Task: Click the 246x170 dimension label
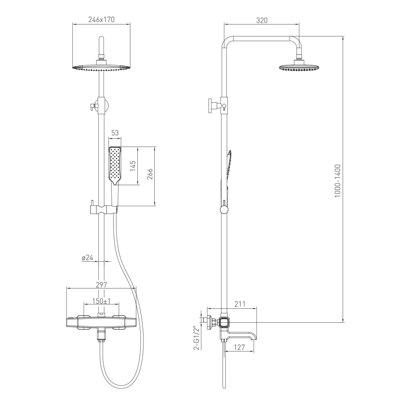[101, 19]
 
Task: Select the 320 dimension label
[262, 20]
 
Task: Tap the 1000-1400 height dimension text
[337, 181]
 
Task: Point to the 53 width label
[115, 133]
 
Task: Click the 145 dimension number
[133, 166]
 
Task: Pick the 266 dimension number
[150, 174]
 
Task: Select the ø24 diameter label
[87, 257]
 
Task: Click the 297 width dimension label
[101, 285]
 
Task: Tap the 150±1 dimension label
[101, 301]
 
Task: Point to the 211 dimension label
[240, 304]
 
